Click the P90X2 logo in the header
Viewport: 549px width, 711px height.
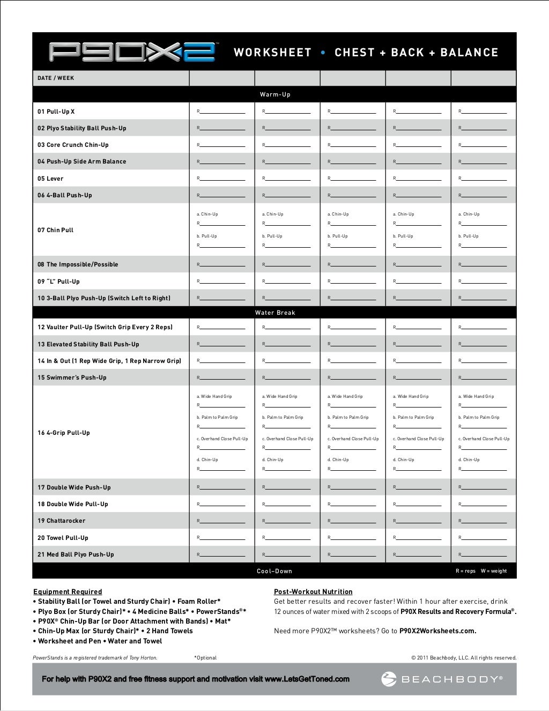click(132, 52)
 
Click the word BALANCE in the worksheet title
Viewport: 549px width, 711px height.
click(469, 53)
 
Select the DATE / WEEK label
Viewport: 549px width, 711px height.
click(56, 78)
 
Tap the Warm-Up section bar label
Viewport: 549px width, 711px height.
click(275, 94)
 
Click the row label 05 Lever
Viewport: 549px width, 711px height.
click(50, 179)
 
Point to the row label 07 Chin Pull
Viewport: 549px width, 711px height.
click(55, 230)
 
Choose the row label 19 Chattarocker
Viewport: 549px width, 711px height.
click(61, 521)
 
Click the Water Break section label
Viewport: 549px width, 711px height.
click(275, 313)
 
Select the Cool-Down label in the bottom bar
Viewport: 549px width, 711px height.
click(274, 571)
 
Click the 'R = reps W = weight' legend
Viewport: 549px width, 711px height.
click(481, 571)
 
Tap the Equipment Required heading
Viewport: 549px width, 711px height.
click(68, 591)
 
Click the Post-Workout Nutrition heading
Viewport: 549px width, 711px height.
click(313, 591)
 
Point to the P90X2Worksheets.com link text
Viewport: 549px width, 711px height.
click(437, 631)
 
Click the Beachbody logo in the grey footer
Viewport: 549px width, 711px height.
click(442, 679)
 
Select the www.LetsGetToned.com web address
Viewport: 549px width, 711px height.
click(307, 679)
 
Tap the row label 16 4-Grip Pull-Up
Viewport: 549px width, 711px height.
click(64, 433)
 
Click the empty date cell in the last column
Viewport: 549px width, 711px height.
click(484, 78)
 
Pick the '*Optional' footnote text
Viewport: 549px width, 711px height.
click(205, 658)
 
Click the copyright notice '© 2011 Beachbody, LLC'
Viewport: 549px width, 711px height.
click(464, 658)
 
